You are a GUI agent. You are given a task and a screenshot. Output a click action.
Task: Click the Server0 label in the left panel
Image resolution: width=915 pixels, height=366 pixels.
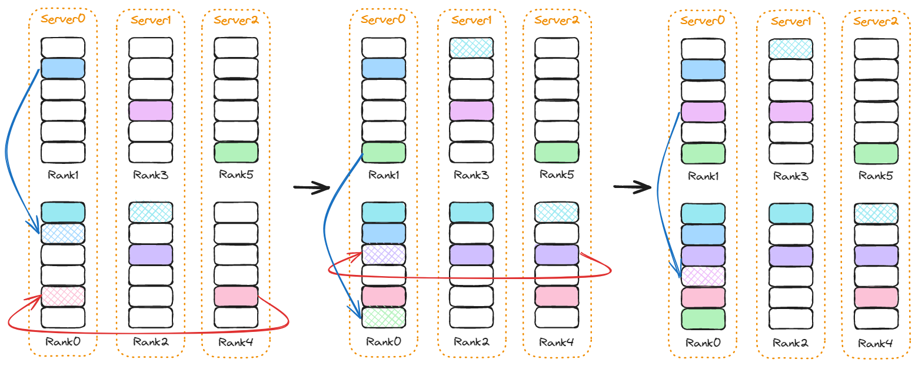[x=63, y=19]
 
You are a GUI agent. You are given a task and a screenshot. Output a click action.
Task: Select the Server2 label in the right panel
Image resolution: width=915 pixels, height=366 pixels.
[x=876, y=22]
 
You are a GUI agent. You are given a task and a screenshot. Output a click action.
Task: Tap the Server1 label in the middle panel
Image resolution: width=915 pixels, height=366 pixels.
[x=471, y=20]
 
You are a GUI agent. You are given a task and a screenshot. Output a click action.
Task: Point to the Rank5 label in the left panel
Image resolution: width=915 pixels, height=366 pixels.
[x=236, y=174]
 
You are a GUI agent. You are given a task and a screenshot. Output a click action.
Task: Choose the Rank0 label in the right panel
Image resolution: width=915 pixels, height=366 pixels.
[x=703, y=344]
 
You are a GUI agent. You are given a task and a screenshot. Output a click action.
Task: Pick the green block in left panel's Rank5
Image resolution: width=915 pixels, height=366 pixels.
[x=236, y=153]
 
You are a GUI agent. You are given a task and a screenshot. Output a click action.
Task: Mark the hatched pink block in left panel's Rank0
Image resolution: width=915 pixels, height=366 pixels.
[x=63, y=296]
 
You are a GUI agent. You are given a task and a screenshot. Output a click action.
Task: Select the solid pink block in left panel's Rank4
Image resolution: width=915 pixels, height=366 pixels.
[x=236, y=296]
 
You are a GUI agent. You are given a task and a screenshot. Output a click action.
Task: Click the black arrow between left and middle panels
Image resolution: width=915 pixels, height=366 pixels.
[x=311, y=187]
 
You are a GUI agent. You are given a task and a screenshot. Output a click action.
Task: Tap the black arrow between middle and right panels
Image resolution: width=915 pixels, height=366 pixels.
[x=632, y=187]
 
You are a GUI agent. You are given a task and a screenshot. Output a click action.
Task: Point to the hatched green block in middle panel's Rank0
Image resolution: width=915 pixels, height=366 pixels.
[x=384, y=317]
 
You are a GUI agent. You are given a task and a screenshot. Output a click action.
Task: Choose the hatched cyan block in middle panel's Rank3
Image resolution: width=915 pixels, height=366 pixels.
[x=471, y=48]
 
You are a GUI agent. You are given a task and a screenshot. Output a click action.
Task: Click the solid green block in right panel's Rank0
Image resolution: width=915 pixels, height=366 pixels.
[x=703, y=319]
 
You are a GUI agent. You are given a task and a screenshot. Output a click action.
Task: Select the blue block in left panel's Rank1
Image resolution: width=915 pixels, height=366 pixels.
[x=63, y=69]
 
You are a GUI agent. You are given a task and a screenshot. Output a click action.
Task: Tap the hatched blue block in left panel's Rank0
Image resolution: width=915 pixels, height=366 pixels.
[x=63, y=234]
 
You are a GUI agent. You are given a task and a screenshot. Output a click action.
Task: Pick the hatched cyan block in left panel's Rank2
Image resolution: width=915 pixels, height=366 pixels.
[x=151, y=213]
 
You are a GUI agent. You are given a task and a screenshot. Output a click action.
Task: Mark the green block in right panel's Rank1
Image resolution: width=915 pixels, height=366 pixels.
[x=703, y=154]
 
